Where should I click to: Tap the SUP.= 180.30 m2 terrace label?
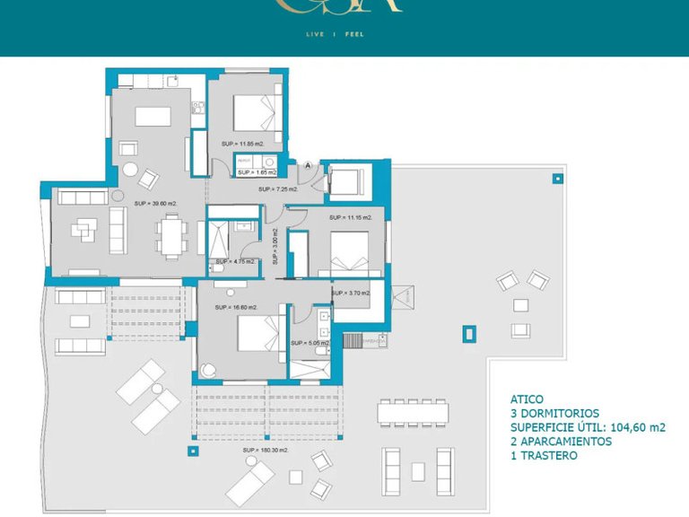[266, 450]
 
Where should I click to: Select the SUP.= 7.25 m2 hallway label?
[277, 189]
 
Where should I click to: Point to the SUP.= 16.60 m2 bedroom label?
[236, 307]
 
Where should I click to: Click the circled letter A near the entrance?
[308, 165]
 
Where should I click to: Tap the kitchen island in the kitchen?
[153, 116]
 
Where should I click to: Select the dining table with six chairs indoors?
[170, 236]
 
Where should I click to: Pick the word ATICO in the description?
[527, 399]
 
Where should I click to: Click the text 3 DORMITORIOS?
[554, 413]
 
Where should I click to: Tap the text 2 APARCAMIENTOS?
[561, 442]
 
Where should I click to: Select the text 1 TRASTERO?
[544, 456]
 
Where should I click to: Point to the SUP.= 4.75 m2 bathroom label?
[235, 262]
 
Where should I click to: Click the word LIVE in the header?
[316, 35]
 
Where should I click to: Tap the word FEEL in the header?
[355, 35]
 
